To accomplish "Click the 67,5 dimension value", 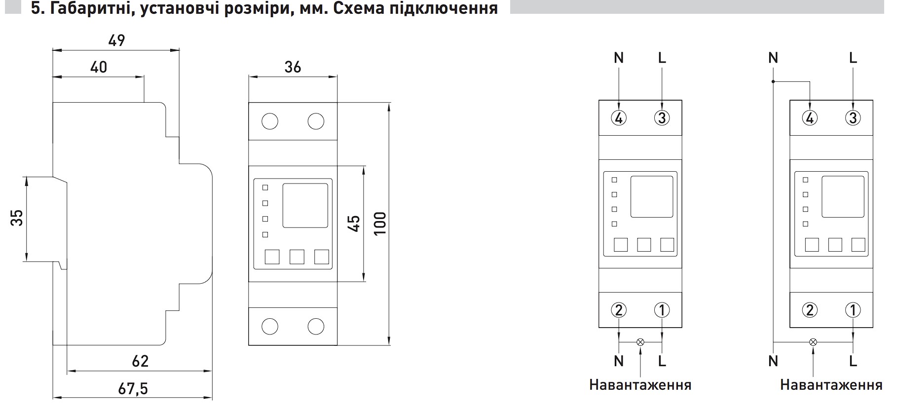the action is click(x=133, y=389).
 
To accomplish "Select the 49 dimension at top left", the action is click(x=116, y=40).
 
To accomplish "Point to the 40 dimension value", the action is click(x=99, y=67).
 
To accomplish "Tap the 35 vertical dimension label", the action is click(x=17, y=218).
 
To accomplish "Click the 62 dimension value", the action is click(x=140, y=361).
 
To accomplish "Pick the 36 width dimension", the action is click(x=293, y=67).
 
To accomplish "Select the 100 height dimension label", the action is click(x=380, y=224).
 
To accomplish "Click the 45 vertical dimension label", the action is click(x=354, y=224).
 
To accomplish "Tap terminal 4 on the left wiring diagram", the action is click(x=619, y=118).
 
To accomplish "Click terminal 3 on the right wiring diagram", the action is click(x=853, y=118).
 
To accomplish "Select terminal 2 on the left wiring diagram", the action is click(x=619, y=310).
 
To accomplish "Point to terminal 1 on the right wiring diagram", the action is click(x=853, y=310).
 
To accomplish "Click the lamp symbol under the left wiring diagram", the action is click(x=640, y=341).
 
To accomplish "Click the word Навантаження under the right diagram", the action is click(x=831, y=385).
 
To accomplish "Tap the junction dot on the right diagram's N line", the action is click(x=773, y=82).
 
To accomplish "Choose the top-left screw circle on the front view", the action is click(x=270, y=121).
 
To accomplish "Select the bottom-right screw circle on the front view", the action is click(x=316, y=326).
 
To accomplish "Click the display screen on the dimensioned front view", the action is click(x=305, y=205).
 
